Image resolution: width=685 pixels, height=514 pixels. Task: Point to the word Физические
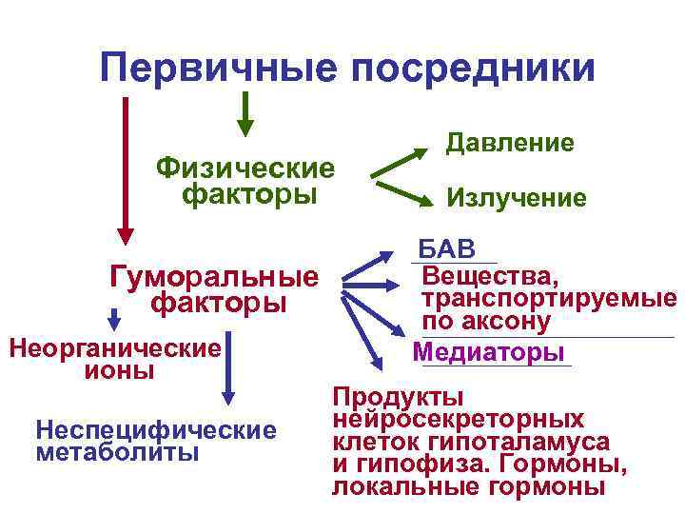[x=246, y=168]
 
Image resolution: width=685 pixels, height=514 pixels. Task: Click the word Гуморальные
[x=215, y=277]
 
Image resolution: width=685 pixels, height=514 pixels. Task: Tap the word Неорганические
[x=114, y=347]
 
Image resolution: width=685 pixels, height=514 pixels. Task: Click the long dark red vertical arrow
[x=125, y=167]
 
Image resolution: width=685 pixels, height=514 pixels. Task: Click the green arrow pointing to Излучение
[x=399, y=189]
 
